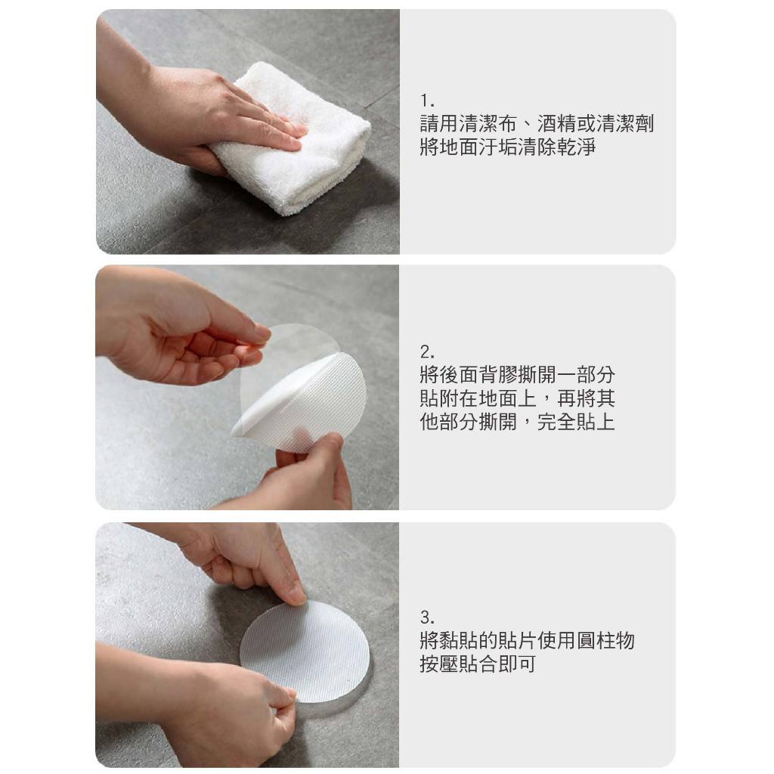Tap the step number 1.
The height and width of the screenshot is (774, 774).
point(427,102)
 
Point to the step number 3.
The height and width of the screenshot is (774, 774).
point(428,617)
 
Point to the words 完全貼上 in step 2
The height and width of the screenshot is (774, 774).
point(576,422)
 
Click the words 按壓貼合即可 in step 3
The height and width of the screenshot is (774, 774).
point(478,664)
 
